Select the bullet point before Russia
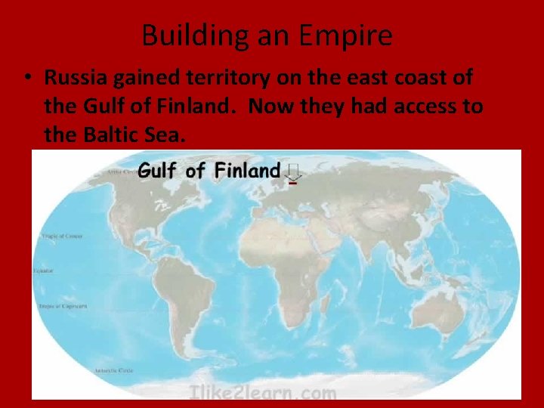27,79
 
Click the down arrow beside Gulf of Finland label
294,172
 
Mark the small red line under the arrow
294,182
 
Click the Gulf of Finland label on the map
209,170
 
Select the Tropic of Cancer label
51,236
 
